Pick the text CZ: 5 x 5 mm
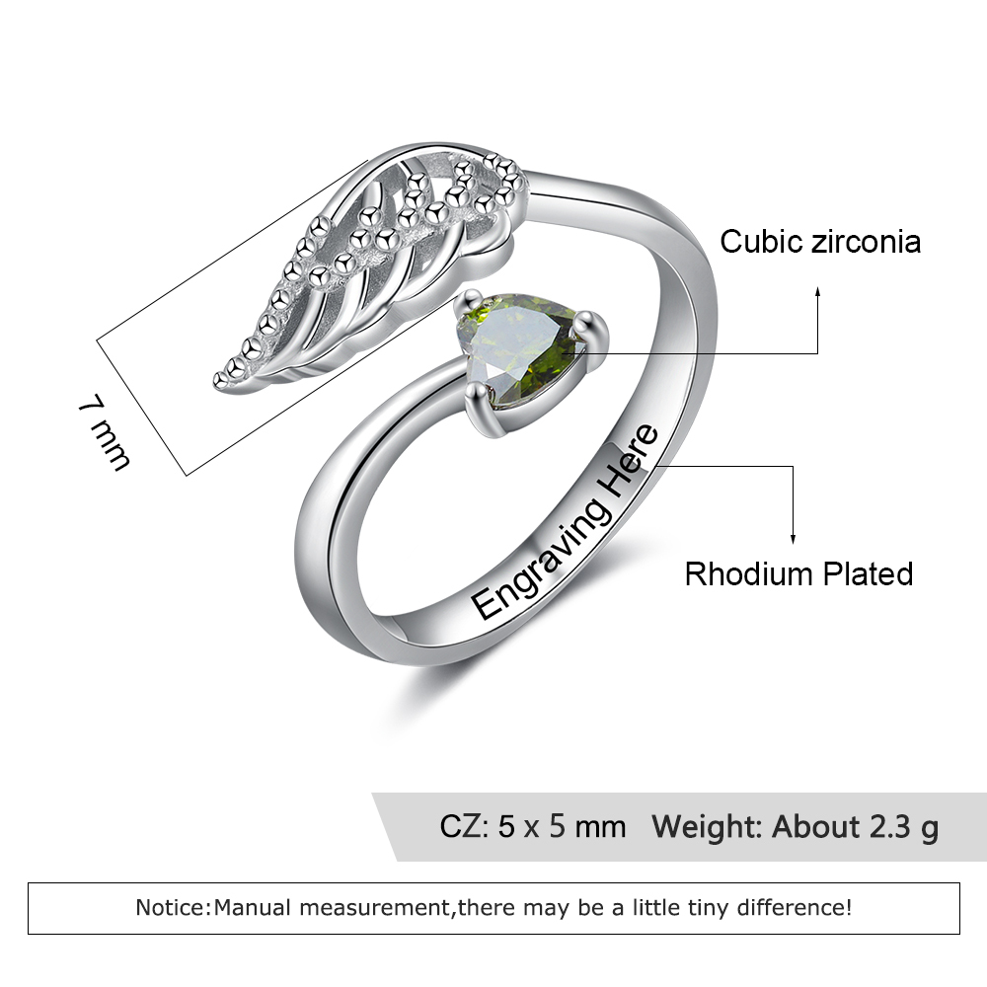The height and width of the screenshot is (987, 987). (x=533, y=826)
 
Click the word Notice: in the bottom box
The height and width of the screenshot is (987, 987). (x=174, y=907)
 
